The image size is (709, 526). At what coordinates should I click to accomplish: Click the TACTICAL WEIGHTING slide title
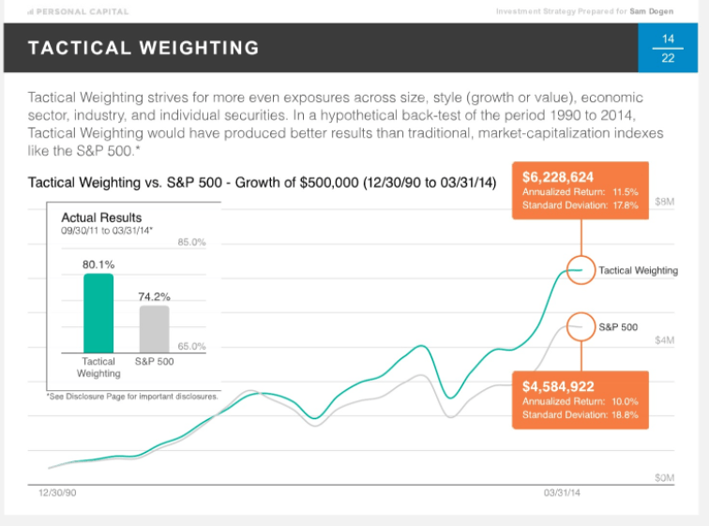coord(143,47)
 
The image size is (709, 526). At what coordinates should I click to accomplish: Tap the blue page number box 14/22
coord(668,48)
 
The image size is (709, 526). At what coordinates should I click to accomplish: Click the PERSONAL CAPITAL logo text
coord(82,11)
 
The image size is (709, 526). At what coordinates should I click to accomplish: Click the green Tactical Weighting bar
coord(98,313)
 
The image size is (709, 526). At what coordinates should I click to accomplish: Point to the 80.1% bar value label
coord(98,264)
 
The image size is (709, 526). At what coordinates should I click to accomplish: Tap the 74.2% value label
coord(155,296)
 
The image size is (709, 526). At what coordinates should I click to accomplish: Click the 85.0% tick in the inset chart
coord(191,243)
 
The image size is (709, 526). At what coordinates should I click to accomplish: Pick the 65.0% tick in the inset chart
coord(191,346)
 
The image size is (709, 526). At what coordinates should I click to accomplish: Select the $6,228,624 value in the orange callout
coord(558,176)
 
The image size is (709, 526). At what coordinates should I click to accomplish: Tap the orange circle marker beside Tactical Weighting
coord(581,270)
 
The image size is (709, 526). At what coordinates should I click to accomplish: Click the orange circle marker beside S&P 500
coord(581,327)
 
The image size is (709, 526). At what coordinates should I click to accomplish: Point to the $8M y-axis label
coord(664,202)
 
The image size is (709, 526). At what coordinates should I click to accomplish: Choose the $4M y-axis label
coord(664,340)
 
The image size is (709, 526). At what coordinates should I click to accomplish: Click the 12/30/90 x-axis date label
coord(57,491)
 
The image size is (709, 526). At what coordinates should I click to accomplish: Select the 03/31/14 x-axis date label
coord(562,491)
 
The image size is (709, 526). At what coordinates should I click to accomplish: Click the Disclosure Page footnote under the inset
coord(132,396)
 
